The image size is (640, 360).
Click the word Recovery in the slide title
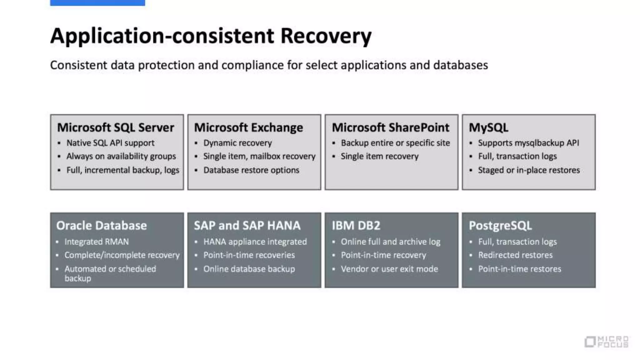[326, 36]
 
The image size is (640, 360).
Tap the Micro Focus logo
[606, 342]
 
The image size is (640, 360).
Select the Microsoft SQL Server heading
[115, 127]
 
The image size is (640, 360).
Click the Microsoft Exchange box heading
[248, 127]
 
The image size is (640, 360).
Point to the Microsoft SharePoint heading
[390, 127]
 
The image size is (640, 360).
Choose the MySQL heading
[488, 127]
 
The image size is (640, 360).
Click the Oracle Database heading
[101, 226]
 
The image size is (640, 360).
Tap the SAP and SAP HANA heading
[247, 226]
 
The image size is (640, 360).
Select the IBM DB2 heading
[356, 226]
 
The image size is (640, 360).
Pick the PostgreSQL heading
[500, 226]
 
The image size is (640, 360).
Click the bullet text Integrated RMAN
[97, 242]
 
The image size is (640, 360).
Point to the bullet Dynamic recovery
[237, 143]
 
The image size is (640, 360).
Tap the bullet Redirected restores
[515, 255]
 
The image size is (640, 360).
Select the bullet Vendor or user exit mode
[389, 269]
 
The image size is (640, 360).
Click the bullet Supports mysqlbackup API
[528, 143]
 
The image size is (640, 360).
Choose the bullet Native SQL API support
[110, 143]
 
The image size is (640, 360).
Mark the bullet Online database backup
[249, 269]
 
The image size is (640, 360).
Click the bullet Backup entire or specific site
[395, 143]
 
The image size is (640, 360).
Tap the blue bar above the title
[97, 2]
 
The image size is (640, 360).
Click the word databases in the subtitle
[460, 65]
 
